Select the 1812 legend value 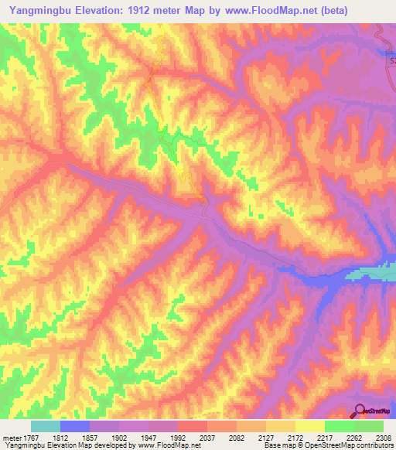click(74, 438)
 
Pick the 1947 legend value click(162, 438)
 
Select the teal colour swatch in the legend click(46, 426)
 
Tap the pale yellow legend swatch click(310, 426)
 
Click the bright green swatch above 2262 click(340, 426)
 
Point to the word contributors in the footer click(373, 446)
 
